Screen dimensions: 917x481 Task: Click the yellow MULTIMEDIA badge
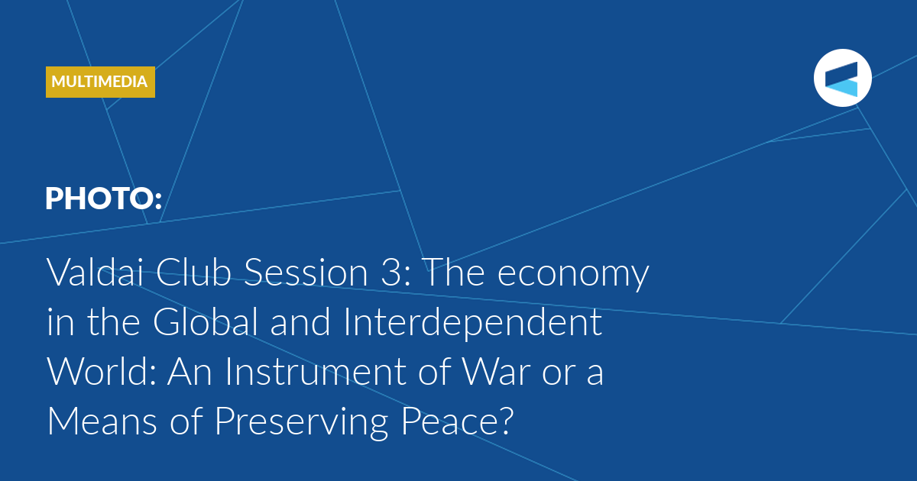point(100,82)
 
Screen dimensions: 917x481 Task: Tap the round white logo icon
point(842,78)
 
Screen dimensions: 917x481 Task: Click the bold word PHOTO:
point(104,199)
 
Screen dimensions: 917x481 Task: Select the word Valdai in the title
point(96,272)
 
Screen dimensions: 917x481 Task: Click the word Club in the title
point(193,272)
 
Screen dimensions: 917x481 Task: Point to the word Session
point(306,273)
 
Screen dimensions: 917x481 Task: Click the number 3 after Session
point(390,273)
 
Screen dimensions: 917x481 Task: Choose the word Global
point(206,321)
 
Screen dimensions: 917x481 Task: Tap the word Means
point(102,421)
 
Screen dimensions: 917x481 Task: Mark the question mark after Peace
point(505,421)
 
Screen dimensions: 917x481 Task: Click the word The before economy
point(455,272)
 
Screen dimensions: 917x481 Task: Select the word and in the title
point(300,321)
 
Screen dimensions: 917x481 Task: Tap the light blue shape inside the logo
point(841,88)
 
